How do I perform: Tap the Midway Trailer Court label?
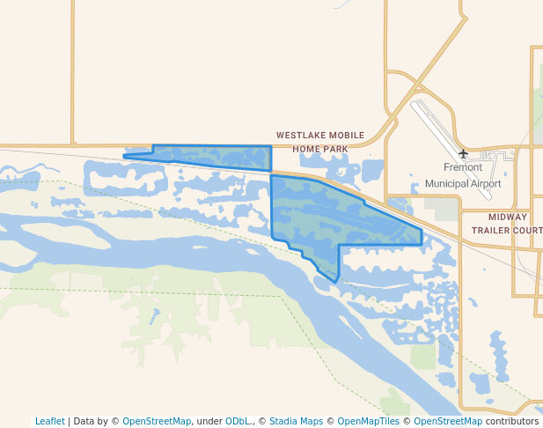click(x=506, y=223)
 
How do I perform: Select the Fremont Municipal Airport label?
click(x=463, y=175)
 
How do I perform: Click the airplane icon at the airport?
click(x=463, y=154)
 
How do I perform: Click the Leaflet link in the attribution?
click(x=50, y=422)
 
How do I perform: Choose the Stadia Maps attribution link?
click(x=296, y=422)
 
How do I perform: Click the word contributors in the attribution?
click(x=511, y=422)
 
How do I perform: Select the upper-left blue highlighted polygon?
click(x=211, y=157)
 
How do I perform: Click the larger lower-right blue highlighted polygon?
click(x=334, y=216)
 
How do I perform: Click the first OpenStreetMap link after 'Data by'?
click(x=157, y=422)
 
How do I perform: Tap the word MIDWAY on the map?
click(x=508, y=217)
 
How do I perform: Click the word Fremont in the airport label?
click(x=463, y=167)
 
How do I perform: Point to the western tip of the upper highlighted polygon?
click(x=124, y=157)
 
